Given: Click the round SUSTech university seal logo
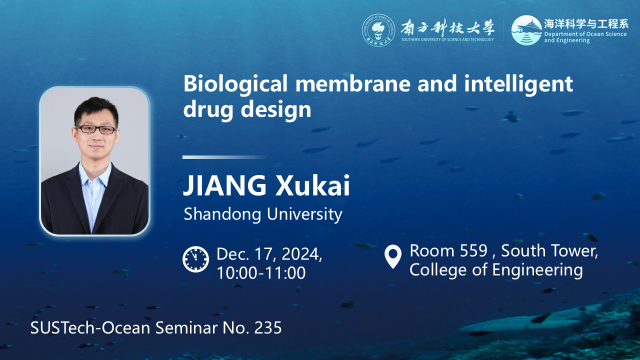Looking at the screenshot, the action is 378,30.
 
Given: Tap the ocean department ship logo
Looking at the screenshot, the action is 526,30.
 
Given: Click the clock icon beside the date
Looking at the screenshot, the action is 195,259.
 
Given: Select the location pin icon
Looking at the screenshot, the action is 393,256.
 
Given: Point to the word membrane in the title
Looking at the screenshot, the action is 352,83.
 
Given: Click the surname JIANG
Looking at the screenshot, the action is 224,185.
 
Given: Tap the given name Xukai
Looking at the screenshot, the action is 312,185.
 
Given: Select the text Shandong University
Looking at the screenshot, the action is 263,214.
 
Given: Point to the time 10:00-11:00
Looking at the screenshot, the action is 261,273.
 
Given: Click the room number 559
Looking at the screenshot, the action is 473,250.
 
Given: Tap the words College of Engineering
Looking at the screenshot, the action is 496,270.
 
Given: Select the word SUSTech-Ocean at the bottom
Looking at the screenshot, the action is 90,327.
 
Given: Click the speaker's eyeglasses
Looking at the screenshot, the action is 96,129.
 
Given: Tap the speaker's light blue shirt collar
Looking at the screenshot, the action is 94,173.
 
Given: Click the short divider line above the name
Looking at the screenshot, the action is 224,157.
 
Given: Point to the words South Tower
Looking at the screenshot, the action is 549,250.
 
